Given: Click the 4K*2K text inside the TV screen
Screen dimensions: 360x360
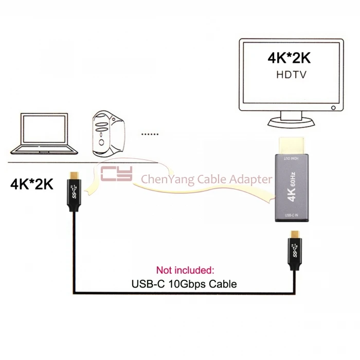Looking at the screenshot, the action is point(289,57).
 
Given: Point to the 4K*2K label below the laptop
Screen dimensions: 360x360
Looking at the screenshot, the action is point(32,184).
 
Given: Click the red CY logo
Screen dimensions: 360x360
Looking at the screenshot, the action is point(117,174).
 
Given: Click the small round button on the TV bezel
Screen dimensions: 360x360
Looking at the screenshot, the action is point(334,108).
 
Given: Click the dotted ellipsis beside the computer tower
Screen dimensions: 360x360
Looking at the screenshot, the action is point(150,135).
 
